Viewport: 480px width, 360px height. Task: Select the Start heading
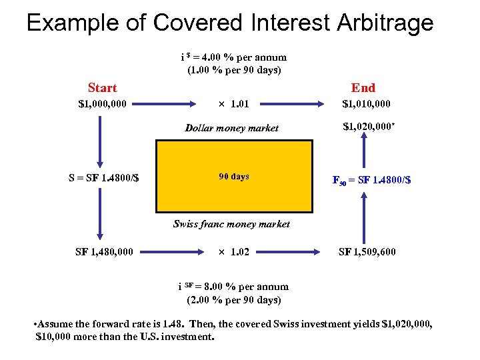point(102,88)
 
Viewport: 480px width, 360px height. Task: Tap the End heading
point(363,88)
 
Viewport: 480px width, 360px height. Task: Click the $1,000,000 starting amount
point(103,104)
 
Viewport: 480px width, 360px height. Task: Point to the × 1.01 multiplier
point(230,104)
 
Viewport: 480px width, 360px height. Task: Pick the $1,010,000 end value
point(366,104)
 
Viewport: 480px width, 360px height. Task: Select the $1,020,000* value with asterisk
point(368,127)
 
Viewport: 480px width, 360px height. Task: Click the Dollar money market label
point(231,127)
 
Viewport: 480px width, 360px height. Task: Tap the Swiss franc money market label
point(231,224)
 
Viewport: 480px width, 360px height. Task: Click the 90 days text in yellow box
point(234,177)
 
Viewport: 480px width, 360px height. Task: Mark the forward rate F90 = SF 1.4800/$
point(371,179)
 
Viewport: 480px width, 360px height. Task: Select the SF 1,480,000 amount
point(103,252)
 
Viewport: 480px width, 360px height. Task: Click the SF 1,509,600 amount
point(367,252)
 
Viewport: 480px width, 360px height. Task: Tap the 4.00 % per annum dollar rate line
point(233,57)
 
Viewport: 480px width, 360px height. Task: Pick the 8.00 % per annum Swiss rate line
point(233,287)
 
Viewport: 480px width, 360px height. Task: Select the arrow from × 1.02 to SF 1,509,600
point(293,252)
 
